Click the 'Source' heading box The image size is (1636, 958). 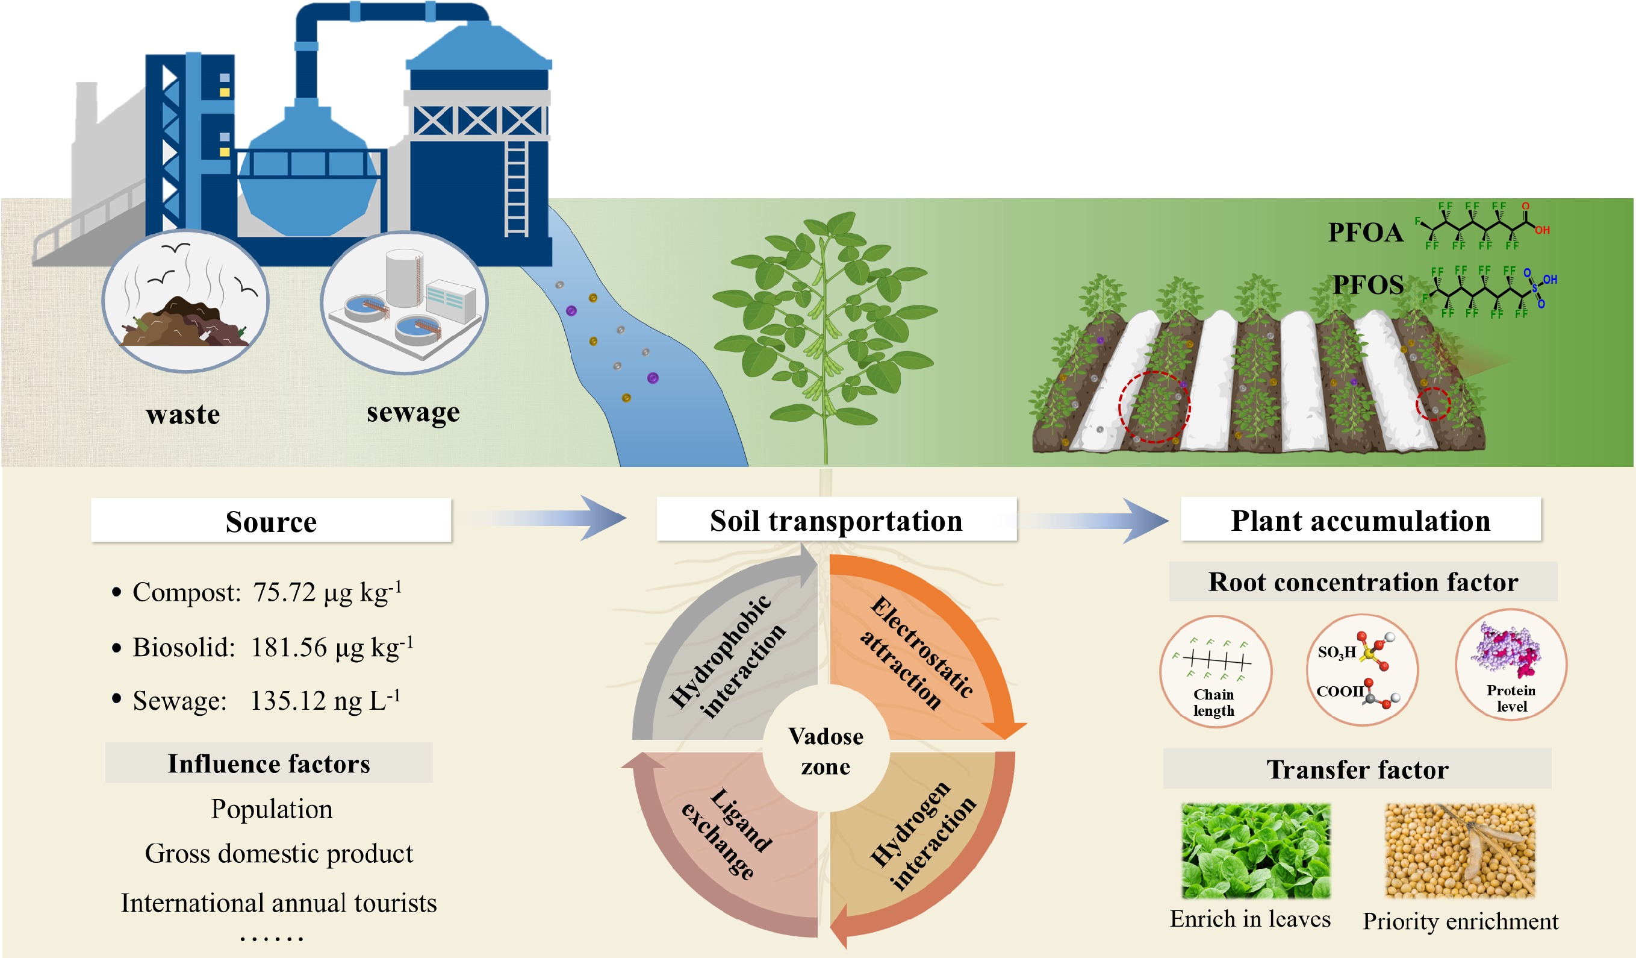point(271,521)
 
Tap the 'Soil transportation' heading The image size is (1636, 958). point(836,519)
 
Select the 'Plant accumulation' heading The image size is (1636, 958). point(1361,519)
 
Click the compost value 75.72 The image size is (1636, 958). point(284,592)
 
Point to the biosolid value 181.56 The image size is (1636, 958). point(289,648)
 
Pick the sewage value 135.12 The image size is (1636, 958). point(288,701)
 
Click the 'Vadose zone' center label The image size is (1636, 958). point(826,751)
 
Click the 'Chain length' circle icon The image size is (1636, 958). point(1215,672)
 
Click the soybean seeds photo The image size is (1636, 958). point(1460,851)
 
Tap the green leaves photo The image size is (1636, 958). point(1255,851)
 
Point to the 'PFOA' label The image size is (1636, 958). point(1365,233)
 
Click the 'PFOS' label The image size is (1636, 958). point(1368,284)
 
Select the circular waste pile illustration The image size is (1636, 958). point(185,301)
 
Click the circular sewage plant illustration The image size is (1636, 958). point(404,302)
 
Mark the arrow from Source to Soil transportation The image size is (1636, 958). point(546,518)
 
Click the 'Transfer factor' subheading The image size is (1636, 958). point(1357,769)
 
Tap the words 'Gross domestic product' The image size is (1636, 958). point(279,853)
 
